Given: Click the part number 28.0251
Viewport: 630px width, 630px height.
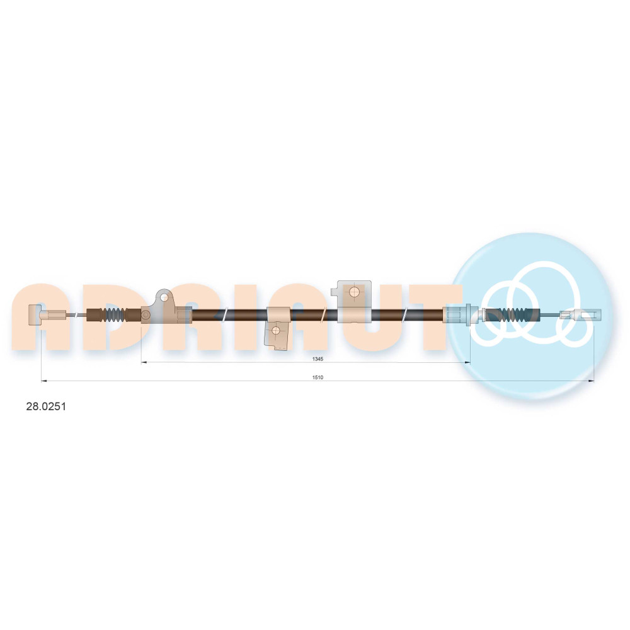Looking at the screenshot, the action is pos(46,406).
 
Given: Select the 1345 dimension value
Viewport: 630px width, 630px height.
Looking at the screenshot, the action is pos(318,359).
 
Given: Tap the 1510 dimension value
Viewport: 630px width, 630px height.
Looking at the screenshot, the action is pos(318,377).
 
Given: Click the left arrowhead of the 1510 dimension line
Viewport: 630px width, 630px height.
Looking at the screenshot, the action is pos(44,381).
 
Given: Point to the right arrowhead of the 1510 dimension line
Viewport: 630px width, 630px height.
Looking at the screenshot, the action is pos(591,381).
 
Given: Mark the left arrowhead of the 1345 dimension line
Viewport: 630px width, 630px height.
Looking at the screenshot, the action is pos(144,362).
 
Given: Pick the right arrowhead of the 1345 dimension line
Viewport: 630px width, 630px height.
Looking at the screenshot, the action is pos(467,362).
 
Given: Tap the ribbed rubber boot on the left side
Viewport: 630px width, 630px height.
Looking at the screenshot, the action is pos(114,314).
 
